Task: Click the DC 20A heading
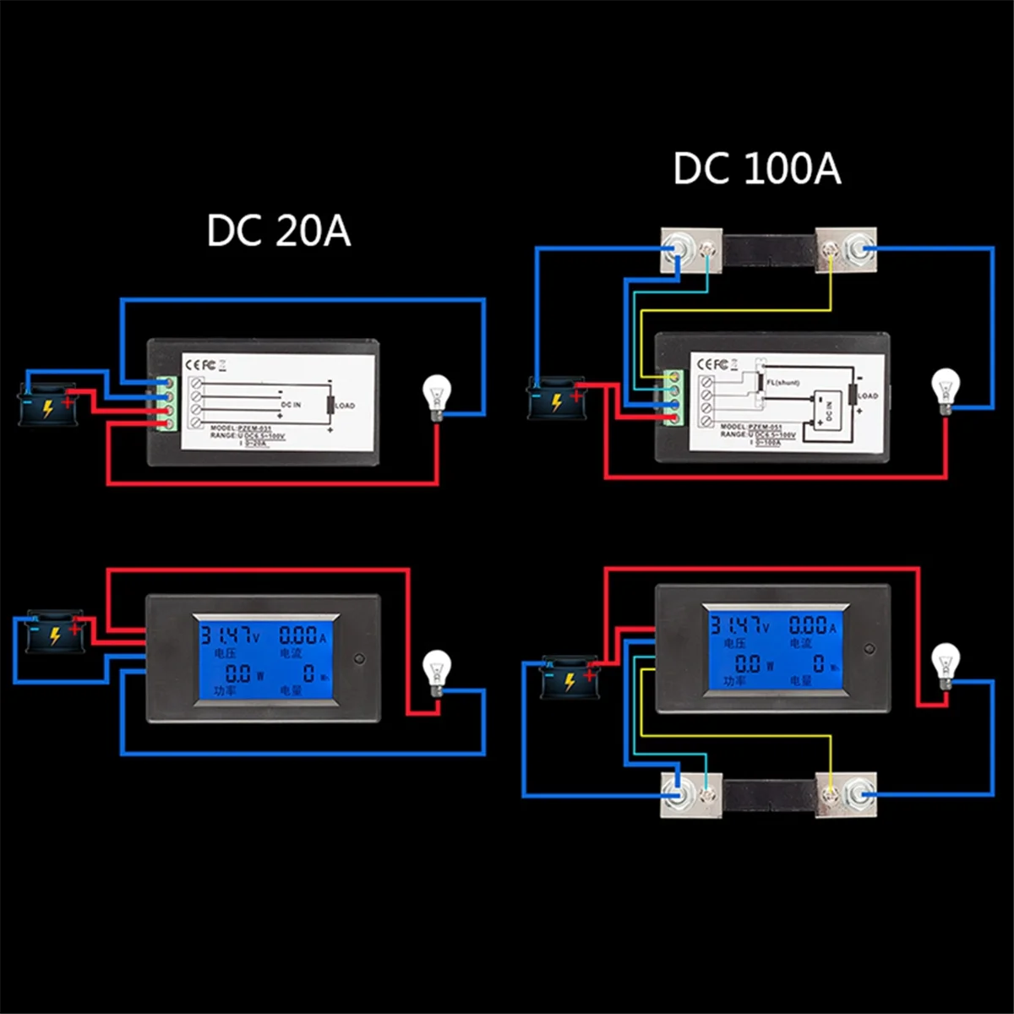click(x=278, y=232)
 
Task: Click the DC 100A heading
click(x=757, y=168)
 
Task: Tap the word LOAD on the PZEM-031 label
click(x=345, y=406)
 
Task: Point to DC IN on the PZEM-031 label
click(x=291, y=406)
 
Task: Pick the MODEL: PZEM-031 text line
click(x=238, y=428)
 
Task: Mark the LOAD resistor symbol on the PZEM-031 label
click(x=330, y=406)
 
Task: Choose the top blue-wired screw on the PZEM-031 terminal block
click(x=169, y=383)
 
